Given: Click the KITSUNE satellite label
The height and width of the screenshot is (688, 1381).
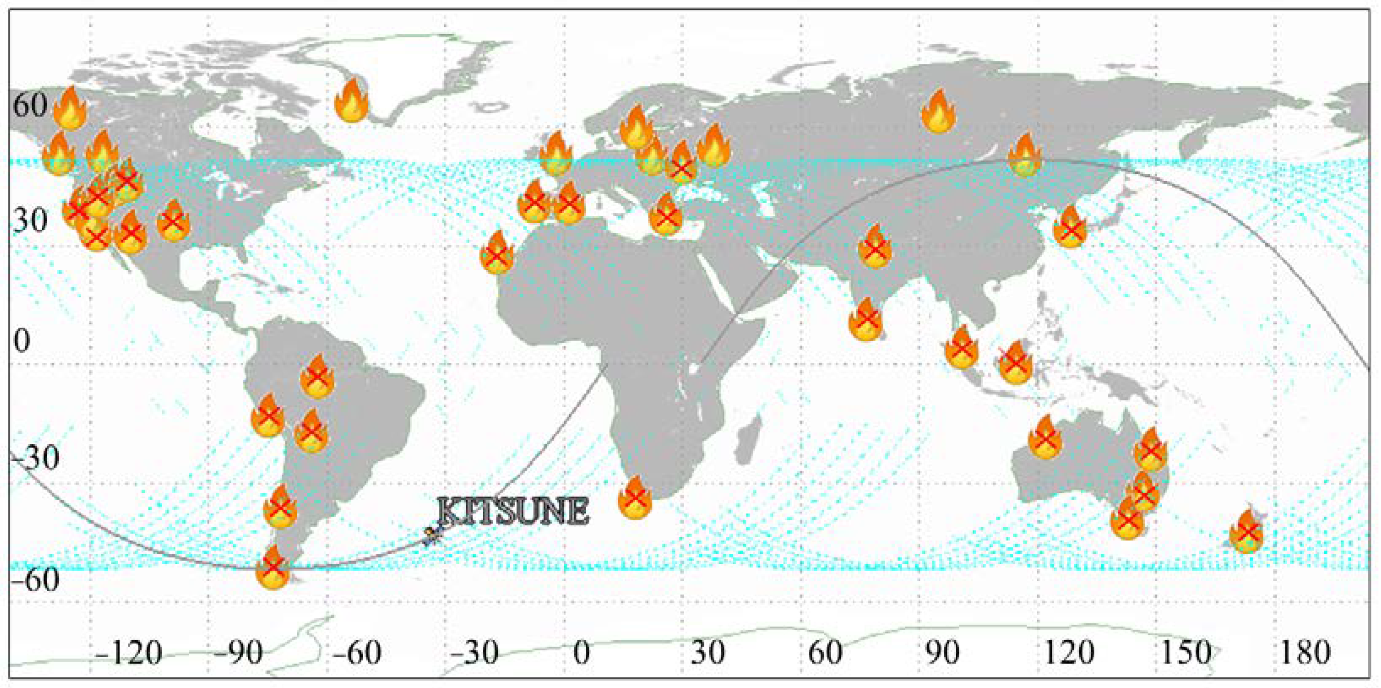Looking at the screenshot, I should pos(514,511).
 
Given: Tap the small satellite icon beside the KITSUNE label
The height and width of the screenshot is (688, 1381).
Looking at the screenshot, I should pos(432,535).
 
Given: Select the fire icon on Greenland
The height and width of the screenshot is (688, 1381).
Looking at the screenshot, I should pos(352,101).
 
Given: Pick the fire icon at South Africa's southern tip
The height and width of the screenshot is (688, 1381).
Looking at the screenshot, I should pos(635,498).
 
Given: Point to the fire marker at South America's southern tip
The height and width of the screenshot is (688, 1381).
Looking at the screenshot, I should pos(272,568).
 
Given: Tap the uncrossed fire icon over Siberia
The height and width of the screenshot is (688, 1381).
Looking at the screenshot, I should pos(938,111).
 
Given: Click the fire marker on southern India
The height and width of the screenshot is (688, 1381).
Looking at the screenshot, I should pos(866,320).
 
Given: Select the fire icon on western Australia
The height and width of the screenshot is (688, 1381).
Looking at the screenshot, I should pos(1045,438).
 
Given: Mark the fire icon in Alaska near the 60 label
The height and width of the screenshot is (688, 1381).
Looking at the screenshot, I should pos(70,108).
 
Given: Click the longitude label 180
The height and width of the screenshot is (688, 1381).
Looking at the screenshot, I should pos(1304,653).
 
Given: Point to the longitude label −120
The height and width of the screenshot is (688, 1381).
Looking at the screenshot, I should pos(129,653).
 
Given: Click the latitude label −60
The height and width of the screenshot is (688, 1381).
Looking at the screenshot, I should pos(33,579).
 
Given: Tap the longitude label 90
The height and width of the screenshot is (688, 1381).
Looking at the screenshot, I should pos(943,653).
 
